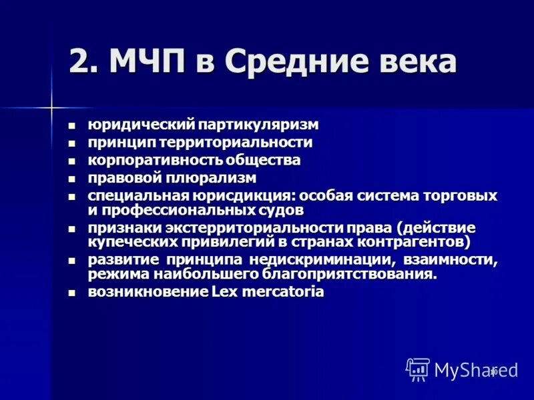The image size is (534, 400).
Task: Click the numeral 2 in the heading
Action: (81, 62)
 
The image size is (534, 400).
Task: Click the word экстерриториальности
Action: (250, 228)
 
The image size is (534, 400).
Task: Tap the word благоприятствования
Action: (356, 274)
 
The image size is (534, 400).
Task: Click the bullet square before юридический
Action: (73, 125)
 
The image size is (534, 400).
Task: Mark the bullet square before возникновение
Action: (73, 293)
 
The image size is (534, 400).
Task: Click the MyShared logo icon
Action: (417, 369)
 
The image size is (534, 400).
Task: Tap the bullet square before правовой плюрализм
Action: (73, 179)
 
